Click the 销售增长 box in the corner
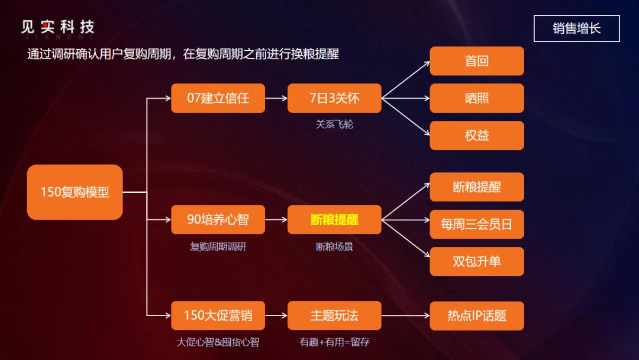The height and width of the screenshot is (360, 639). (x=576, y=28)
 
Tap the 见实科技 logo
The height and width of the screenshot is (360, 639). (x=57, y=27)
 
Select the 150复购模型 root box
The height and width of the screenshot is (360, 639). (x=75, y=192)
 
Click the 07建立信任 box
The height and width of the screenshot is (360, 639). (x=218, y=98)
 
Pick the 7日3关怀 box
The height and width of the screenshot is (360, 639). (x=334, y=98)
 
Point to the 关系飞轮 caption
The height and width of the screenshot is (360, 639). (x=334, y=124)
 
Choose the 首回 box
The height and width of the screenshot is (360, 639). (x=476, y=61)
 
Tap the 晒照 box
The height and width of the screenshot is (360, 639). (x=476, y=98)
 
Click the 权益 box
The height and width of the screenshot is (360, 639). (x=476, y=136)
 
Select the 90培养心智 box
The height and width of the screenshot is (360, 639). (x=218, y=220)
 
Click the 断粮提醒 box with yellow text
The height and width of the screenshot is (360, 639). (x=334, y=220)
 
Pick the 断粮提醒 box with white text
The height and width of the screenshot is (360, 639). (x=476, y=187)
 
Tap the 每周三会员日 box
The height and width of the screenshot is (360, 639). (x=476, y=224)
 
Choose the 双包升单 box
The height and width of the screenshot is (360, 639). (x=476, y=261)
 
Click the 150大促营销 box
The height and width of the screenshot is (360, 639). (x=218, y=316)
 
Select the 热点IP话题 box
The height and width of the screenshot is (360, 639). (x=476, y=316)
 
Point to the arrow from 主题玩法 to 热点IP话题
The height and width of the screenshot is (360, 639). (x=405, y=316)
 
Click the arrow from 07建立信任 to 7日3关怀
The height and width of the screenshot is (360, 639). (x=276, y=98)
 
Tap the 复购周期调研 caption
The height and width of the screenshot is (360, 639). (x=218, y=246)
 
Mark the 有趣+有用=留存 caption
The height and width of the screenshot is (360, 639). (x=334, y=342)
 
